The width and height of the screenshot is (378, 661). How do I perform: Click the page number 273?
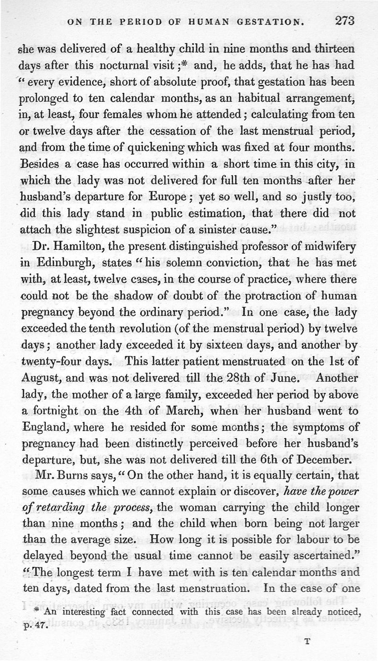click(x=345, y=21)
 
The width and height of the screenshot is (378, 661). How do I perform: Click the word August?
click(x=42, y=378)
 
